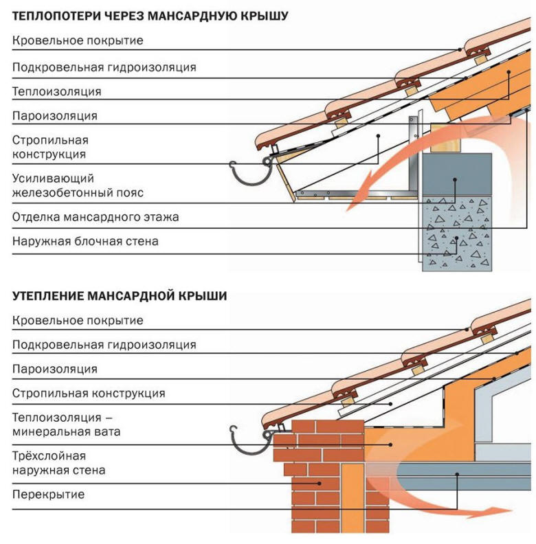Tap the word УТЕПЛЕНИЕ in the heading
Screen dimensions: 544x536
click(47, 296)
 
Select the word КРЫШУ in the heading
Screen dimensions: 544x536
click(264, 14)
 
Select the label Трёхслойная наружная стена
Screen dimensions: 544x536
click(58, 463)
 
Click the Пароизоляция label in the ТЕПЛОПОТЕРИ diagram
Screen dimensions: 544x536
click(54, 115)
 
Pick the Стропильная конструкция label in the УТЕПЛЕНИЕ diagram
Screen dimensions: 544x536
click(88, 394)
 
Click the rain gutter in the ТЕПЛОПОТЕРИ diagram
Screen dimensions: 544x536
click(247, 176)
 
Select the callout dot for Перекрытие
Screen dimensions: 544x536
click(456, 473)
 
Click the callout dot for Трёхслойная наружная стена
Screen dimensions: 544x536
click(318, 483)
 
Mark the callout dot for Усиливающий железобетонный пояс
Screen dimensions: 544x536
click(456, 180)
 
